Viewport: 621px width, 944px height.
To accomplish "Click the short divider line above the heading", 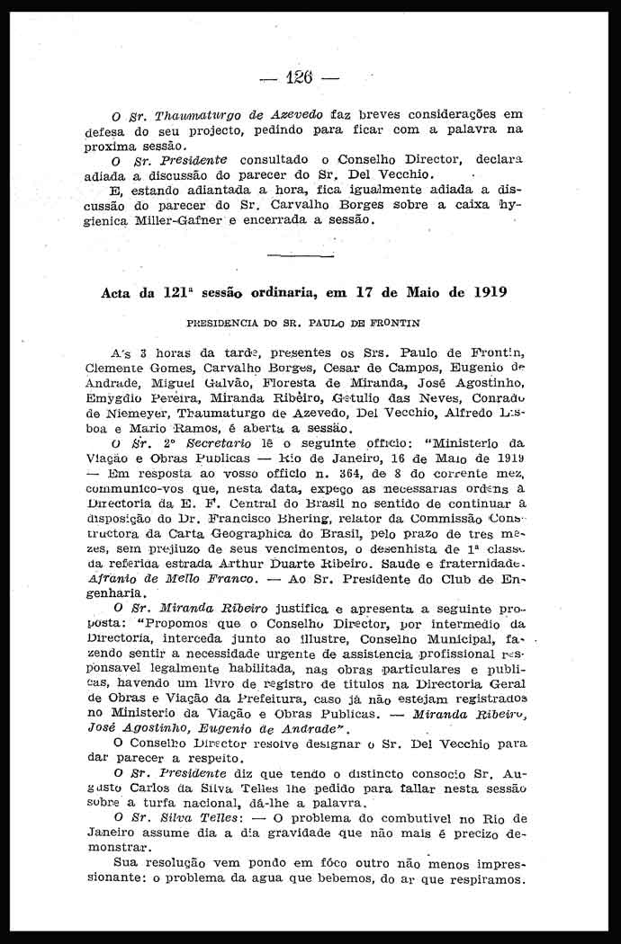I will click(301, 256).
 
